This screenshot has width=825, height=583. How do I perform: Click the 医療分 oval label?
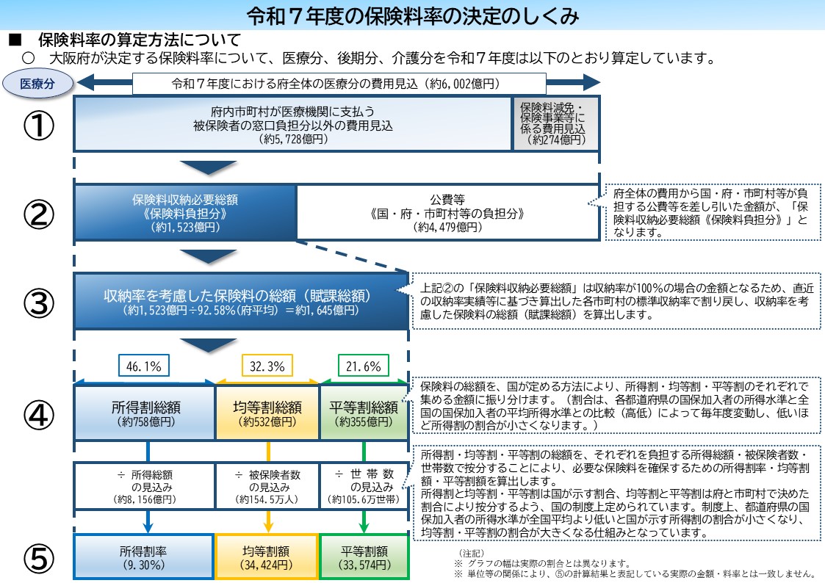click(x=37, y=83)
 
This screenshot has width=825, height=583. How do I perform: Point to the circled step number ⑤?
click(x=39, y=559)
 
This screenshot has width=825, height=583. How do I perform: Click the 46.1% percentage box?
click(x=144, y=365)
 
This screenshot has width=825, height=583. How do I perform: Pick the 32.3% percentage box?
click(x=267, y=365)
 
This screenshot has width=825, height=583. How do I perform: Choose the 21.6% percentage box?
click(x=363, y=365)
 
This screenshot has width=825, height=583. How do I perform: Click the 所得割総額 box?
click(x=144, y=413)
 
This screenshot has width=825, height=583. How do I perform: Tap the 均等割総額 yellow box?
click(x=267, y=413)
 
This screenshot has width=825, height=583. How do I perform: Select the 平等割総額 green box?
click(x=364, y=413)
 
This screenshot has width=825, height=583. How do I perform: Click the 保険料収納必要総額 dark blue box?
click(x=184, y=212)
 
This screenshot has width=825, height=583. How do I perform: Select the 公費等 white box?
click(x=447, y=212)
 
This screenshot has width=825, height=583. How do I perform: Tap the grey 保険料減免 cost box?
click(x=556, y=123)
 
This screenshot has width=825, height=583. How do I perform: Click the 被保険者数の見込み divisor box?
click(x=267, y=486)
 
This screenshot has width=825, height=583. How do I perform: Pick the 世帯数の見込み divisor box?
click(x=364, y=486)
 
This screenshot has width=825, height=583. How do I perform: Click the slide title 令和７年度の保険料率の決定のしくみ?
click(x=412, y=14)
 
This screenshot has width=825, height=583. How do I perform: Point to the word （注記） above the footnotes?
click(x=469, y=551)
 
